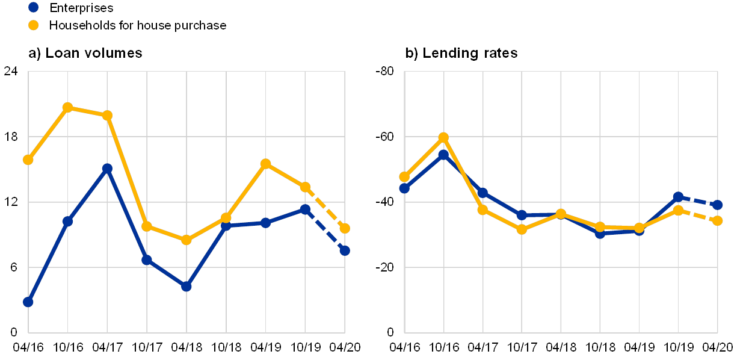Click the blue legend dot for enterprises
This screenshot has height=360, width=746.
pos(34,8)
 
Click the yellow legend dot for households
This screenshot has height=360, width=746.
pos(34,25)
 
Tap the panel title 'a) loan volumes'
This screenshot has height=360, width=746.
pos(85,53)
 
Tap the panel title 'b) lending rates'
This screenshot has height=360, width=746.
pos(463,53)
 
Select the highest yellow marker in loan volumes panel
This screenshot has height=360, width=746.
pos(68,107)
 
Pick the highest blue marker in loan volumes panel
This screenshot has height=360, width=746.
pos(107,169)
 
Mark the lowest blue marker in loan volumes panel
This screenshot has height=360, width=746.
pos(28,302)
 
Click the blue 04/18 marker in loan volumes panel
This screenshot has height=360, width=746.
pos(186,287)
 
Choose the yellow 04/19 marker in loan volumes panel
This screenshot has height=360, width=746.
pos(266,164)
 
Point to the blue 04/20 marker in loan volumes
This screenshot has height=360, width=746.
pos(345,250)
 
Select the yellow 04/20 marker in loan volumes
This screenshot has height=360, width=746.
pos(345,228)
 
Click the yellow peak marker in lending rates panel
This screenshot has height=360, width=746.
pos(443,137)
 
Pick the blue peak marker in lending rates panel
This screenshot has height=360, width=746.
pos(443,155)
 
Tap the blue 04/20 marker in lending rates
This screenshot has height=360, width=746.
pos(718,205)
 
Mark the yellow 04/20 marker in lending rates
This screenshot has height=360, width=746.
pos(718,221)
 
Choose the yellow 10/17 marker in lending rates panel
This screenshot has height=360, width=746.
pos(522,229)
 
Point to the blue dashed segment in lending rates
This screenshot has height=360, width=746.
pos(698,200)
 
